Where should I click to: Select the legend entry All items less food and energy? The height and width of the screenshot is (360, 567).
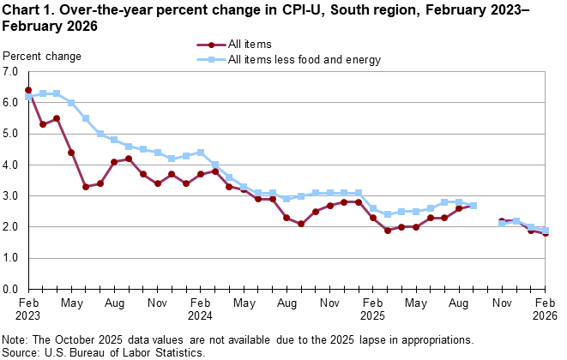click(304, 60)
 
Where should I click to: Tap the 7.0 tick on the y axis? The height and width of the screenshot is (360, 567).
click(11, 72)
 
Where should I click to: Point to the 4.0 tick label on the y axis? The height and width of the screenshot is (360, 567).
click(11, 165)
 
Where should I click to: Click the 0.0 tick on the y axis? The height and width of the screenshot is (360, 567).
click(11, 289)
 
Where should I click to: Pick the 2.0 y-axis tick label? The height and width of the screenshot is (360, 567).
click(11, 227)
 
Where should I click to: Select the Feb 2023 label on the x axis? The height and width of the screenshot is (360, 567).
click(28, 309)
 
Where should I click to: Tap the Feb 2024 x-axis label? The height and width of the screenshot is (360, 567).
click(201, 309)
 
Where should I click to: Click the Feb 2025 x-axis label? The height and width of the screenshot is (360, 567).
click(373, 309)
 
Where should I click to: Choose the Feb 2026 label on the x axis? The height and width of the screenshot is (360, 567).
click(545, 309)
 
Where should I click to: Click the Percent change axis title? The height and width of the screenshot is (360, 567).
click(42, 57)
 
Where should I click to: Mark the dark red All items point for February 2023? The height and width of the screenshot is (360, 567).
click(28, 90)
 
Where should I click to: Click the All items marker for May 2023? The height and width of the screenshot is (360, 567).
click(71, 153)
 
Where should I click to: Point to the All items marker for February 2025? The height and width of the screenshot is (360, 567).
click(373, 218)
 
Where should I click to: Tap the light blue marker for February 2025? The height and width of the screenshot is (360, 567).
click(373, 208)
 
